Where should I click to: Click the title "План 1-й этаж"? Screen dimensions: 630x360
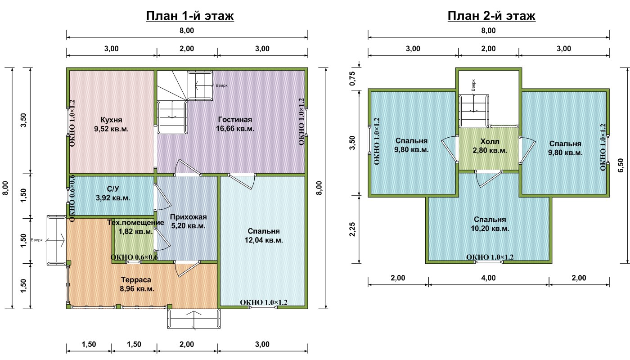point(190,16)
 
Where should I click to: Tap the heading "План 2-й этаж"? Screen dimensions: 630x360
point(491,16)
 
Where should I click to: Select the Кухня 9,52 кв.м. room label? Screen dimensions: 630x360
point(112,124)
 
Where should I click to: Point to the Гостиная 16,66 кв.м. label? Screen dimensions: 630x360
point(235,124)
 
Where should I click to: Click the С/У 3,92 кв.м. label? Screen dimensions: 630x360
point(113,193)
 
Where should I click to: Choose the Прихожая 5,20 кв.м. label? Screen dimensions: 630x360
point(188,221)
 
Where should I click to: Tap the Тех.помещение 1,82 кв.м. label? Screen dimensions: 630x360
point(135,227)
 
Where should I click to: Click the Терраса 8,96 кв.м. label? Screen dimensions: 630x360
point(137,284)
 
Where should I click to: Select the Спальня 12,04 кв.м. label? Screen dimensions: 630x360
point(264,236)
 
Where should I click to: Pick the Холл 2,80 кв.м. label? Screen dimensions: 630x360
point(490,146)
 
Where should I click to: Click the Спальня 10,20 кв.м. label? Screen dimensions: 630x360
point(490,224)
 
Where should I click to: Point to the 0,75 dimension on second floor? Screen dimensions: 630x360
point(352,79)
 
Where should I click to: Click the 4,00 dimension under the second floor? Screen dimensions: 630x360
point(488,278)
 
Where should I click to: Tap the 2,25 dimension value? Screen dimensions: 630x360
point(352,229)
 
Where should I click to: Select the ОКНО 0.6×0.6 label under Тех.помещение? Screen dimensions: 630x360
point(134,257)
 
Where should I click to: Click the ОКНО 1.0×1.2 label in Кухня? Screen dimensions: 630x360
point(72,123)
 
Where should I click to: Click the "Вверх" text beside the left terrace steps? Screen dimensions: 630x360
point(36,240)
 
